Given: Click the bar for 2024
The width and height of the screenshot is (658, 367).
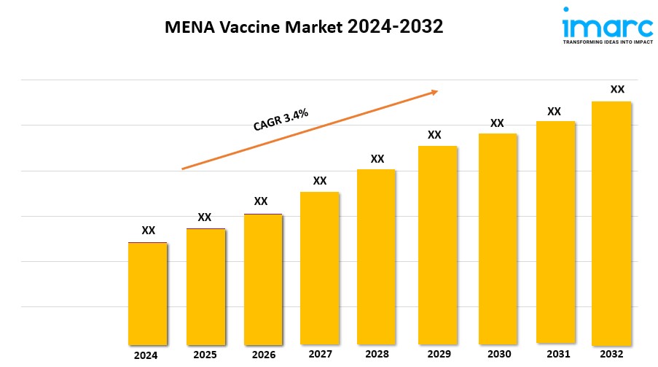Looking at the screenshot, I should coord(147,293).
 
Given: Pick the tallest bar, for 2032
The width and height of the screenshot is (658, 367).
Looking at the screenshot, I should coord(611,223).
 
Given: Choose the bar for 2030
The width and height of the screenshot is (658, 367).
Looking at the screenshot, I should coord(498,238).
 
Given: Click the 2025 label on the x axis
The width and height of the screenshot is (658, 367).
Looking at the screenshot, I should coord(205,355).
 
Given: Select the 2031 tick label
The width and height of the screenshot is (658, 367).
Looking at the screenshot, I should coord(555,354).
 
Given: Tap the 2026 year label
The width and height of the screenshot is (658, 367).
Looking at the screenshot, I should coord(264,355).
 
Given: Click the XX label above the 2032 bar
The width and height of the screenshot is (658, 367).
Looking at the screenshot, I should coord(616,89).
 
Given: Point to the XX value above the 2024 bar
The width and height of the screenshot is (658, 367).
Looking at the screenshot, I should coord(148,230).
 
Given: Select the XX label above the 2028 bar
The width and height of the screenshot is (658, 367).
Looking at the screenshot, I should coord(377,158).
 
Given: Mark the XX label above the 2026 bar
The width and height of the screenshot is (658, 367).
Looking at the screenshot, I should coord(260,201).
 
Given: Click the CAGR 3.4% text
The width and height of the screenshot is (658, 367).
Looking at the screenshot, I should coord(281,119).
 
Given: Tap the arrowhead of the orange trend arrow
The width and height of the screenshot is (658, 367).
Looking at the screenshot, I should coord(434,91).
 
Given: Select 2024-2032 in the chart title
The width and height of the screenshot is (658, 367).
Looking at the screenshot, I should coord(395,28).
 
